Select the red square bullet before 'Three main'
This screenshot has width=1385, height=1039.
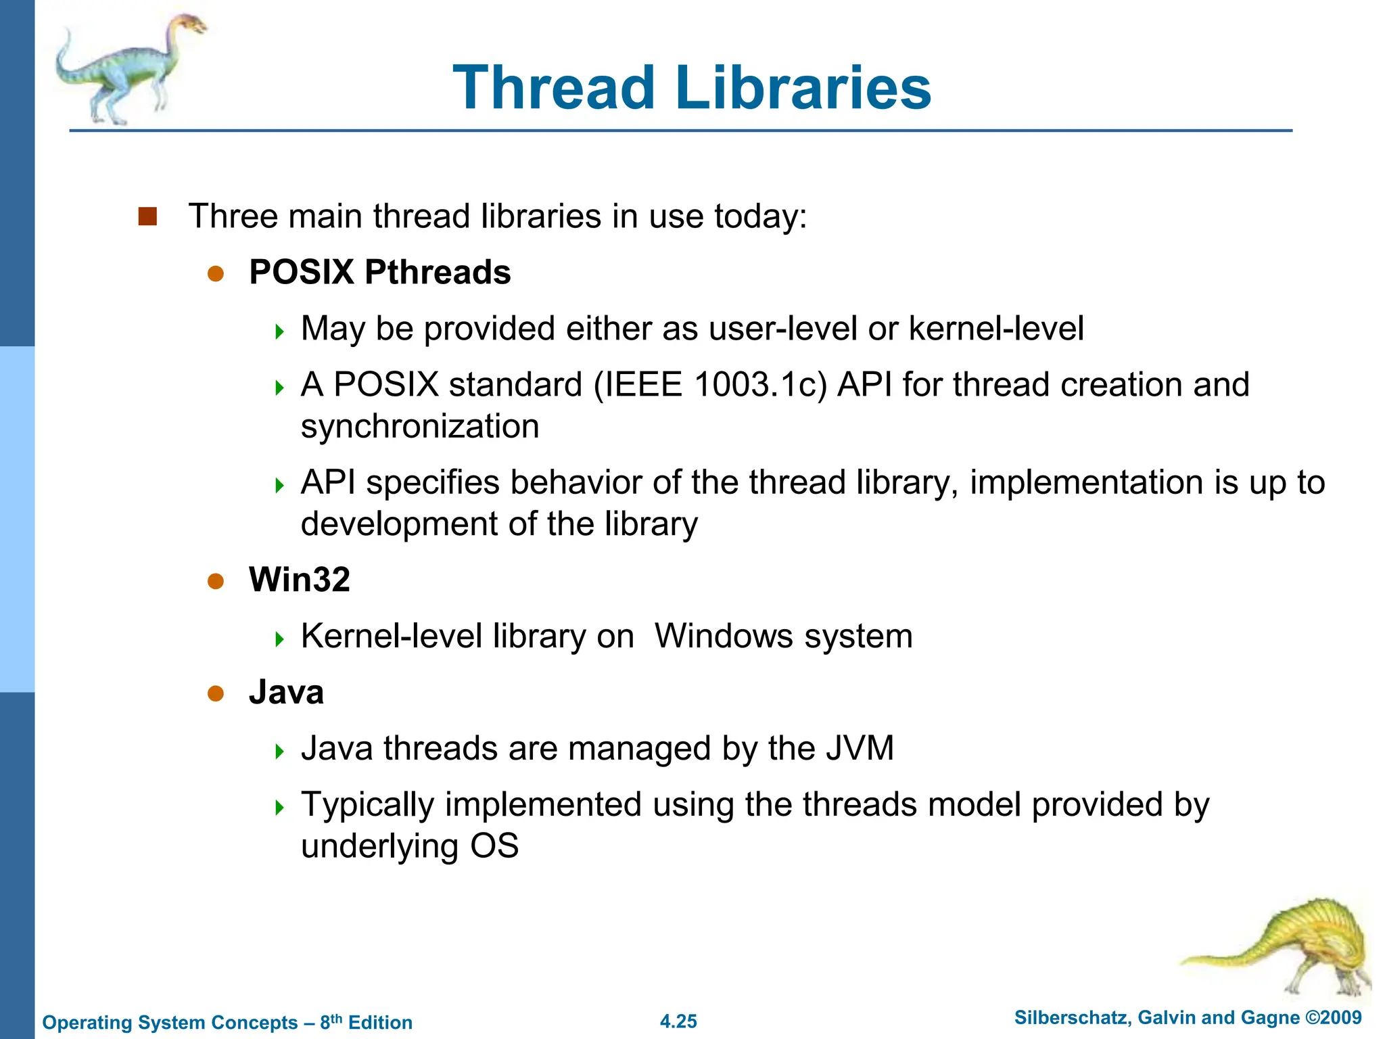[147, 216]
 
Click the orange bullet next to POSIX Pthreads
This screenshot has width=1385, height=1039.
[216, 273]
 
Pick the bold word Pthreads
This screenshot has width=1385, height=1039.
[438, 273]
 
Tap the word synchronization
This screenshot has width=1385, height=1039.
[420, 427]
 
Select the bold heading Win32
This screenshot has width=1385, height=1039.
[300, 580]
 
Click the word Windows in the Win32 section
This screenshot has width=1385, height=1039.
[718, 637]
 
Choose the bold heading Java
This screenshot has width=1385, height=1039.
[286, 693]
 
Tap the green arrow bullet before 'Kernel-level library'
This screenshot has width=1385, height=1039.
[280, 639]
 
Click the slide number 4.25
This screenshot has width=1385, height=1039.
[678, 1021]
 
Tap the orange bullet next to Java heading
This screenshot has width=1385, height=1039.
[216, 693]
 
